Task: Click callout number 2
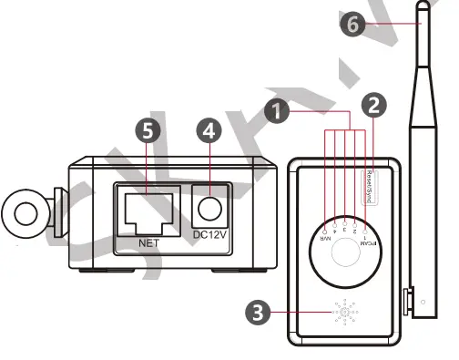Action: [x=372, y=105]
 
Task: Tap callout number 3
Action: [x=259, y=312]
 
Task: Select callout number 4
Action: [x=209, y=131]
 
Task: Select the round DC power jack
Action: [x=210, y=210]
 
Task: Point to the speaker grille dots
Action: [x=344, y=313]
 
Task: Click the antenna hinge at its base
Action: [x=411, y=298]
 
